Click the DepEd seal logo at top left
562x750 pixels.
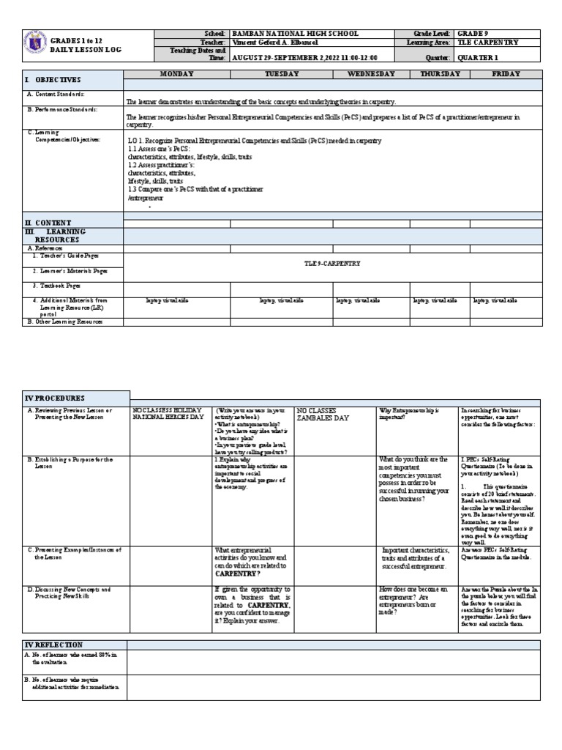(34, 44)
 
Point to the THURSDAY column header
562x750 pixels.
(440, 74)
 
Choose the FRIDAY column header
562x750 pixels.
(506, 74)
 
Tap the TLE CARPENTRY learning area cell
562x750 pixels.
(488, 42)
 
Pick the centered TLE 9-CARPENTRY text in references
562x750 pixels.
(332, 263)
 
